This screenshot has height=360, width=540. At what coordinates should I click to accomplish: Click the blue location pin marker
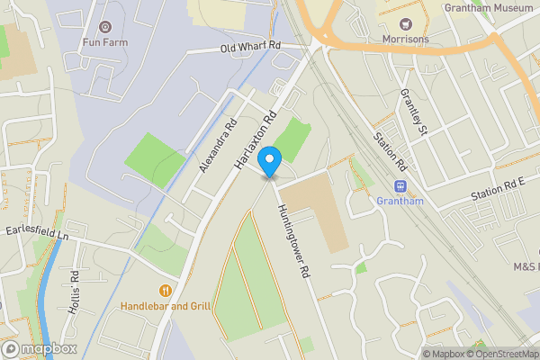(269, 162)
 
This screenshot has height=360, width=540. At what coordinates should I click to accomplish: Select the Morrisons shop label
(405, 39)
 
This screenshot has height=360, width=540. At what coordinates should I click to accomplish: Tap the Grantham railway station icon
(400, 186)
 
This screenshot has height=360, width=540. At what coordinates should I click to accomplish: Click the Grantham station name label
(400, 201)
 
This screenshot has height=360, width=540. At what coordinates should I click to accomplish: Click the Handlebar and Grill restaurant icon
(166, 291)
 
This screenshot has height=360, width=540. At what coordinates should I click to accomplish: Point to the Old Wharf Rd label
(251, 47)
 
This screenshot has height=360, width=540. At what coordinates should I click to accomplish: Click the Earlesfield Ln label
(37, 233)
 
